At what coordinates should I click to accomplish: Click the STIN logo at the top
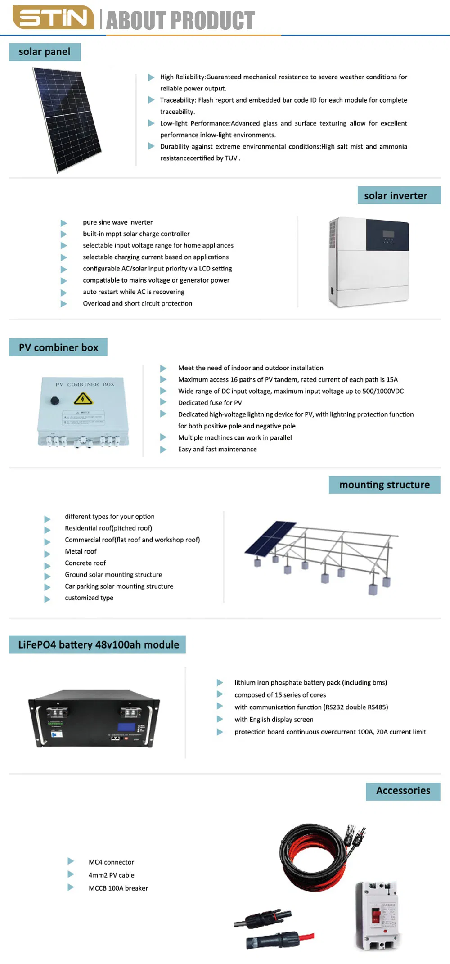(x=53, y=18)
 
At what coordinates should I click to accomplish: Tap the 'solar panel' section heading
(x=45, y=52)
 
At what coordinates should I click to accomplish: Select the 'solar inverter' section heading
(x=396, y=196)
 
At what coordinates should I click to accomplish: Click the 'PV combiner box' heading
(x=58, y=347)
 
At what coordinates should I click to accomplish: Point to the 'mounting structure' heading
(x=384, y=485)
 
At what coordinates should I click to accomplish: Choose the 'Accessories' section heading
(x=403, y=791)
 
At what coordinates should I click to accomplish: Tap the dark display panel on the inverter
(x=387, y=235)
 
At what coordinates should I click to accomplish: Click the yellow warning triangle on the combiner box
(x=83, y=398)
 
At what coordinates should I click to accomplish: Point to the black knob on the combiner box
(x=54, y=400)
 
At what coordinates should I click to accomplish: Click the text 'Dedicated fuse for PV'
(x=210, y=403)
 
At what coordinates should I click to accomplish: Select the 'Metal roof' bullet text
(x=81, y=551)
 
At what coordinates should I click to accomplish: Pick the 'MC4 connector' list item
(x=111, y=862)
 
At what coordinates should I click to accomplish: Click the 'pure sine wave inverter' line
(x=117, y=222)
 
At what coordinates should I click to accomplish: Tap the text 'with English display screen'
(x=274, y=720)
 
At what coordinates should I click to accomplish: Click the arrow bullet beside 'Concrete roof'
(x=47, y=565)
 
